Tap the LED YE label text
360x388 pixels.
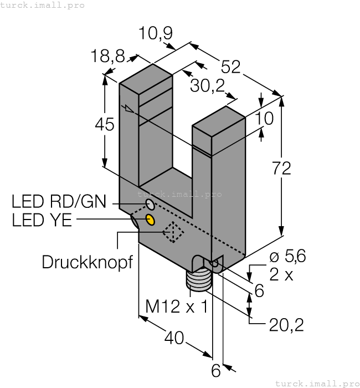tap(42, 220)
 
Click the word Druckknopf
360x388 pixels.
tap(88, 262)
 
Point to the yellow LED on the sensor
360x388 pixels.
tap(150, 219)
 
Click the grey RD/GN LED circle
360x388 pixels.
tap(150, 206)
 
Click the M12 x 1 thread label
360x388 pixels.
tap(176, 305)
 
